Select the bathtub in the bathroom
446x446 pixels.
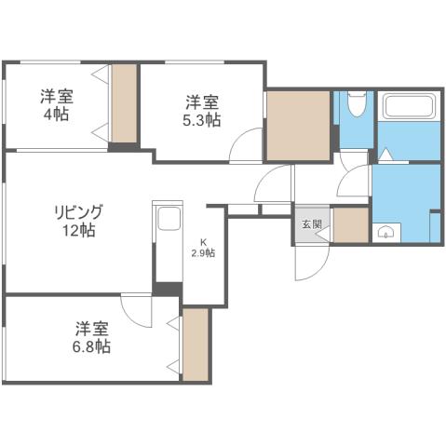point(409,107)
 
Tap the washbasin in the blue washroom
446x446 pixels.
point(385,232)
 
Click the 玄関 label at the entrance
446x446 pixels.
point(311,223)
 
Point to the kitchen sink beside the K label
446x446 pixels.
point(168,220)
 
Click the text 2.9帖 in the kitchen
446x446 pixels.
point(203,253)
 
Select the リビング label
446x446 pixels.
point(77,211)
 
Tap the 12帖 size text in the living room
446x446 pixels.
point(77,230)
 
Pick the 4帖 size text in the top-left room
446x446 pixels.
point(57,114)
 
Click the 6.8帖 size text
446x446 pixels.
point(93,346)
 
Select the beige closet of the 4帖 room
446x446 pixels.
point(123,102)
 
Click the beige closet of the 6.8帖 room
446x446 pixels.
point(196,344)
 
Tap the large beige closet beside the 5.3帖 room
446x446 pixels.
point(298,126)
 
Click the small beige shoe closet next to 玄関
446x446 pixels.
point(350,225)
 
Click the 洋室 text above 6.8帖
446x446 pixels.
point(92,329)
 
